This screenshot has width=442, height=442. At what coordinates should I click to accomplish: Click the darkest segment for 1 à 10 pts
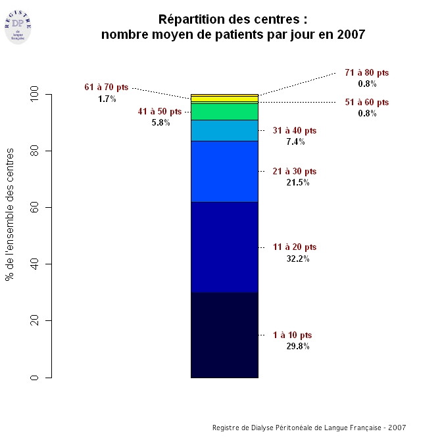(x=224, y=335)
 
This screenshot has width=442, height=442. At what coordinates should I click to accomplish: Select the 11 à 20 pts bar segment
(x=224, y=247)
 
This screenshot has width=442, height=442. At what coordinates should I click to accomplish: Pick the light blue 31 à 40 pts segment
(x=224, y=130)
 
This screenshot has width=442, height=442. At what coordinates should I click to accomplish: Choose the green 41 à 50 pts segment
(x=224, y=111)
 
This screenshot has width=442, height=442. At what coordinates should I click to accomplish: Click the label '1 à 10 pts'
(x=292, y=335)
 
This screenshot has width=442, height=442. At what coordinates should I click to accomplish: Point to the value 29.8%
(x=297, y=347)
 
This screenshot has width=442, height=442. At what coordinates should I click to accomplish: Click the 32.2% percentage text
(x=297, y=258)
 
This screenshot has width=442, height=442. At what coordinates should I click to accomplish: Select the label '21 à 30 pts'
(x=294, y=171)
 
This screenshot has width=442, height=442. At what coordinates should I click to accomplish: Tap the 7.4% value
(x=295, y=142)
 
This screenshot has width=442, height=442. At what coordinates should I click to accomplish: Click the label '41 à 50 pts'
(x=160, y=111)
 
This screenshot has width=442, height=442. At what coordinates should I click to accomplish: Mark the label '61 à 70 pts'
(x=107, y=87)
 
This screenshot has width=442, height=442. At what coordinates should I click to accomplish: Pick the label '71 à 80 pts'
(x=367, y=72)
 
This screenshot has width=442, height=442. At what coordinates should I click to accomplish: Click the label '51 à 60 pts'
(x=367, y=102)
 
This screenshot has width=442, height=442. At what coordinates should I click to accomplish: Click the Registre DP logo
(x=18, y=25)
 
